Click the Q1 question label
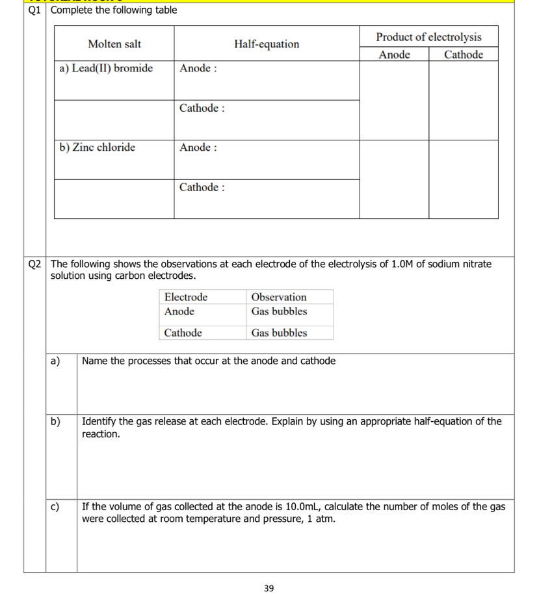pos(35,10)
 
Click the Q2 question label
pos(35,264)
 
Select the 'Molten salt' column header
pos(114,44)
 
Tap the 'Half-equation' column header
pos(267,44)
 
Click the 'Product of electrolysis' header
pos(428,36)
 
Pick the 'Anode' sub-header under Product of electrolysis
pos(394,55)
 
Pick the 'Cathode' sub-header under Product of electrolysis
pos(464,55)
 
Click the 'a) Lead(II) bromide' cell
pos(106,68)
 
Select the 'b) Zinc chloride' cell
pos(98,148)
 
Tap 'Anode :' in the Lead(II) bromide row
pos(198,68)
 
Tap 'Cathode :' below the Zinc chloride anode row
pos(202,187)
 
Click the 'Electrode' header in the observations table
pos(186,297)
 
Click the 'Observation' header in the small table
pos(278,297)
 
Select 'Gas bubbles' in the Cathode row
pos(279,333)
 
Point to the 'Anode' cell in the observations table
pos(179,311)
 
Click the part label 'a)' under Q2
pos(55,361)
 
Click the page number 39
pos(269,588)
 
